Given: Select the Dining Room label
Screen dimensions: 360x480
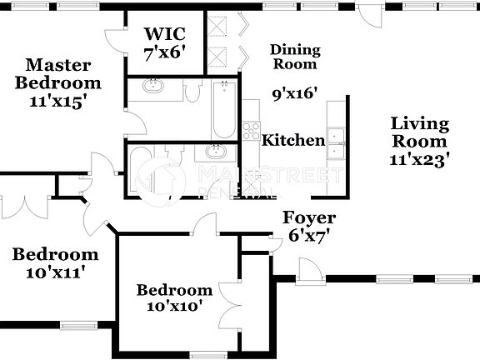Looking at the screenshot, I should pos(294,57).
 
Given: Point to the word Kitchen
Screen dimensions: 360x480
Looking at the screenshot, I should pos(293,140).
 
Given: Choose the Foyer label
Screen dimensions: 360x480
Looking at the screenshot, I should pos(309,218).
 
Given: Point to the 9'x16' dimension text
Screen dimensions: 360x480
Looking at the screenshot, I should pos(296,93).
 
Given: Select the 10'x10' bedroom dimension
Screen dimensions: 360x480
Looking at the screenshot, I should pos(174,307).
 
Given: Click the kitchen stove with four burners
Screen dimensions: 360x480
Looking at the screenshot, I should pos(251,131).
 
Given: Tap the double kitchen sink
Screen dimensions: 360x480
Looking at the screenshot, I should pos(337,143).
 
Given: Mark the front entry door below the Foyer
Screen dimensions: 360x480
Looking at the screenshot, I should pos(310,268).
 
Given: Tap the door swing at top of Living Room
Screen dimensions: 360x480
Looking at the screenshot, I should pos(368,14).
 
